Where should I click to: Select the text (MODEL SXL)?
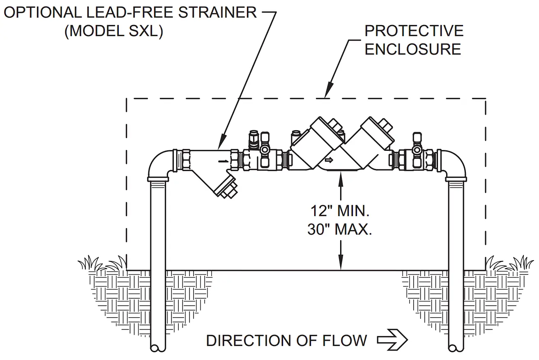coord(113,31)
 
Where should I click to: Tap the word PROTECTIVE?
coord(414,31)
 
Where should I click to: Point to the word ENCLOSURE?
coord(413,49)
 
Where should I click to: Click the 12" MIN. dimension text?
coord(340,211)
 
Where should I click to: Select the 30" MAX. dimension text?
coord(340,229)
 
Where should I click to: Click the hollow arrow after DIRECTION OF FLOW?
coord(392,340)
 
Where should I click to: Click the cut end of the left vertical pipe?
coord(158,347)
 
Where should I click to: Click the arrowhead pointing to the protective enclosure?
coord(328,92)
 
